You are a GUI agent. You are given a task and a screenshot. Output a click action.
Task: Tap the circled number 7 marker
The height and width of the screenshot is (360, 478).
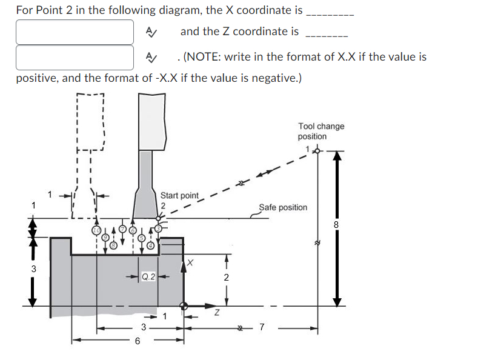[x=122, y=228]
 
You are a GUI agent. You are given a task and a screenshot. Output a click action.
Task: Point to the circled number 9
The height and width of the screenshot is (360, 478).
[x=104, y=238]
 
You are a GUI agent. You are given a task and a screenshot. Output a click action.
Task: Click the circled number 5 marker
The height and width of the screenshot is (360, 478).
[x=142, y=238]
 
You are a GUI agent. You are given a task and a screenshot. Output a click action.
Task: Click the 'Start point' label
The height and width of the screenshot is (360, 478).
[x=179, y=195]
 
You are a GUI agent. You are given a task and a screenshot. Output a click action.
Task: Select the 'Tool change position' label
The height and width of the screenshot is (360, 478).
[x=320, y=131]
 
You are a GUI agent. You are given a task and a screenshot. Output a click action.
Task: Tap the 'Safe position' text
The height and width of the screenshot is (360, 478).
[x=283, y=207]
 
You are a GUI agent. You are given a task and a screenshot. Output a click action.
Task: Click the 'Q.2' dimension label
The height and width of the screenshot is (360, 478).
[x=148, y=277]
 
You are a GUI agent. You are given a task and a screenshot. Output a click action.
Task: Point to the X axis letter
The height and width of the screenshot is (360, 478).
[x=190, y=262]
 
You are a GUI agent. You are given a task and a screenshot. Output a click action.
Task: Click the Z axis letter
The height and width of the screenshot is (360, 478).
[x=216, y=313]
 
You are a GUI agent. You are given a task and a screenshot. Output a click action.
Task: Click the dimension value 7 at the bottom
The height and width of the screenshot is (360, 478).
[x=261, y=327]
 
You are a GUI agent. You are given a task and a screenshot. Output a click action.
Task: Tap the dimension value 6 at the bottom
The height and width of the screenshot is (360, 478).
[x=138, y=341]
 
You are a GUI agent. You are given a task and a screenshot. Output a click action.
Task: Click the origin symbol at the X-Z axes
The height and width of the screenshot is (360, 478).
[x=184, y=306]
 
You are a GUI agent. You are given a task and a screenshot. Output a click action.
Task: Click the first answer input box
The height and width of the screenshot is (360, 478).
[x=75, y=32]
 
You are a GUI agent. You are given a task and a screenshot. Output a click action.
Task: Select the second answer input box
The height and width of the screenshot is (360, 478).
[x=75, y=57]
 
